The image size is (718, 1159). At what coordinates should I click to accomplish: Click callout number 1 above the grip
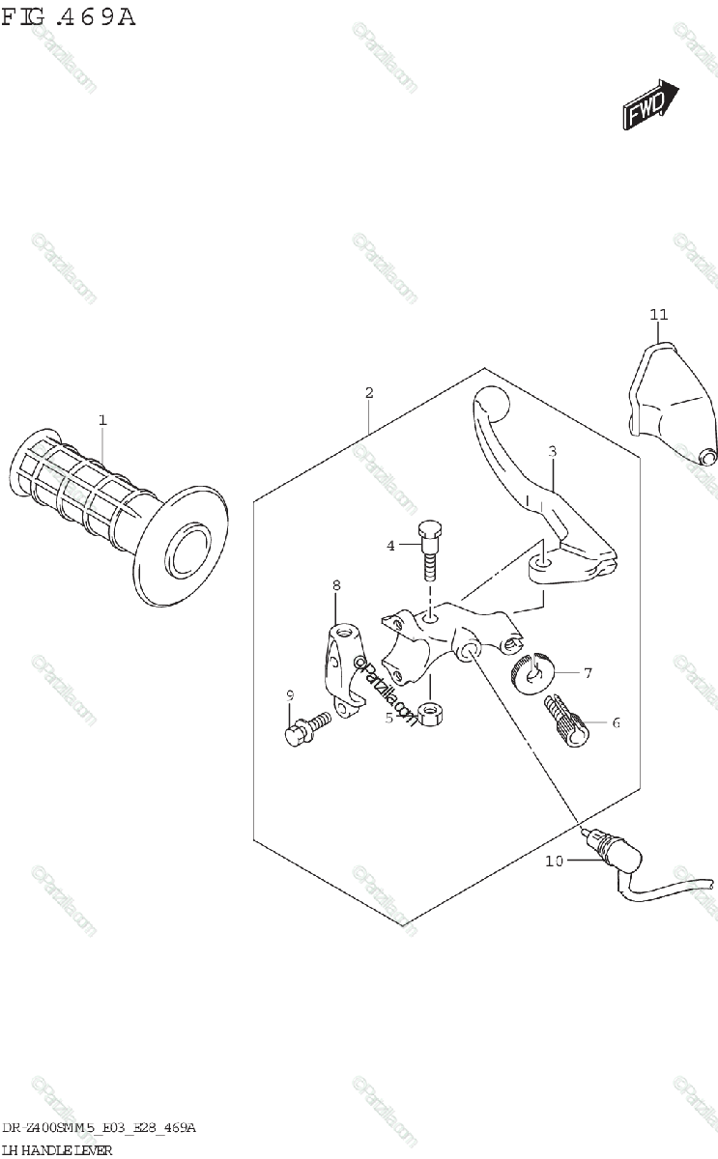pos(101,419)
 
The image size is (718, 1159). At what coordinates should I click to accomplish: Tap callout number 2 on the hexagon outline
pos(369,392)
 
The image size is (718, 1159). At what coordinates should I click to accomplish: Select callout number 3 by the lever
pos(552,450)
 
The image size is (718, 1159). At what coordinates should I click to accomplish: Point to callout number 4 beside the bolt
pos(391,546)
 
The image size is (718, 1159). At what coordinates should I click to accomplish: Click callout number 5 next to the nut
pos(388,717)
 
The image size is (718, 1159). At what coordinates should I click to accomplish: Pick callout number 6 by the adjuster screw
pos(615,721)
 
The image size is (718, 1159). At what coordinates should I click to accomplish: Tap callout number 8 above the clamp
pos(336,585)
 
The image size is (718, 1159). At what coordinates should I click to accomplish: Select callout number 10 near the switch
pos(553,862)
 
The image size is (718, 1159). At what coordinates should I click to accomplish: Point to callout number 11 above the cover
pos(658,314)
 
